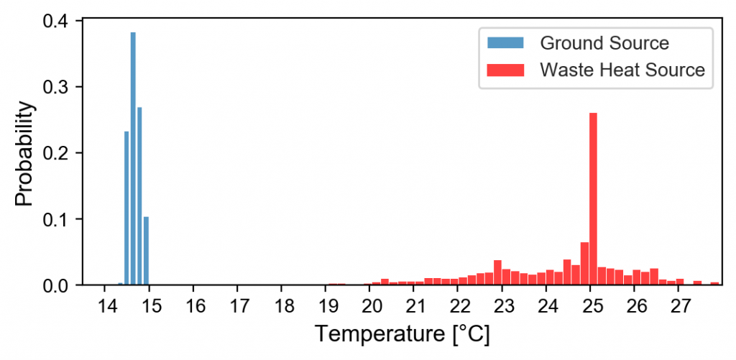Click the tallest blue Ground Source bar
(x=133, y=158)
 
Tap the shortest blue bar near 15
(x=146, y=251)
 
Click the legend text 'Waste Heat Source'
(x=622, y=70)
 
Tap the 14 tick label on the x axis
(x=105, y=305)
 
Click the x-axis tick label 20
(x=370, y=305)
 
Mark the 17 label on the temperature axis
(x=238, y=305)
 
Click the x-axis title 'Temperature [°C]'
(x=402, y=334)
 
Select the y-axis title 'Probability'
(x=26, y=153)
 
